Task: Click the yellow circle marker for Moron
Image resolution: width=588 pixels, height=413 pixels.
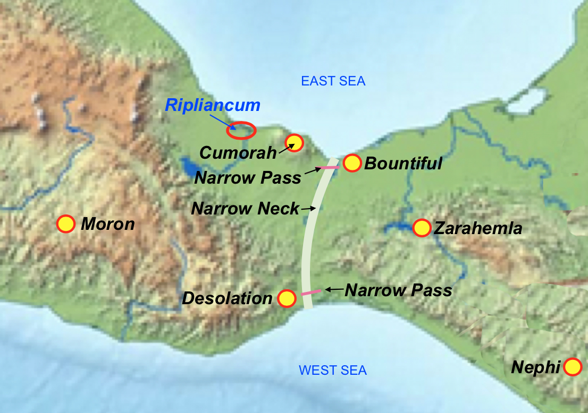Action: pyautogui.click(x=65, y=224)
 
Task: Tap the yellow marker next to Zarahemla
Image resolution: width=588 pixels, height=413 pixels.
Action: pyautogui.click(x=422, y=228)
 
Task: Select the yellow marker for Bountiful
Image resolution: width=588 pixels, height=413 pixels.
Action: pyautogui.click(x=352, y=164)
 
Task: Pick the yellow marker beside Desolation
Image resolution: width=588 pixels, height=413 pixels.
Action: pyautogui.click(x=287, y=298)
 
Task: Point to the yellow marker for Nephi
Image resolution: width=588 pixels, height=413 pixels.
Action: pyautogui.click(x=573, y=367)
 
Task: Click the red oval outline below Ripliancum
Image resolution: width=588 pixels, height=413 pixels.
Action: pyautogui.click(x=241, y=130)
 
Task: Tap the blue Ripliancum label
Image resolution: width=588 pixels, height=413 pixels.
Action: pyautogui.click(x=213, y=105)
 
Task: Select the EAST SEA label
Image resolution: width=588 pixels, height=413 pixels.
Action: pyautogui.click(x=333, y=81)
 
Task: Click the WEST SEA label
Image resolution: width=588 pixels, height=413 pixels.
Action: pyautogui.click(x=333, y=370)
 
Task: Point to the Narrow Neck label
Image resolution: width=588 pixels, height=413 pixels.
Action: pyautogui.click(x=245, y=209)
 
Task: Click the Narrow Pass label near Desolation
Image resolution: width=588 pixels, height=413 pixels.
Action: pyautogui.click(x=398, y=290)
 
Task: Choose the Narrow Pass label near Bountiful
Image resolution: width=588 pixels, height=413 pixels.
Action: pyautogui.click(x=248, y=177)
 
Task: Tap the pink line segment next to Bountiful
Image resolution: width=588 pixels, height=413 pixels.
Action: pyautogui.click(x=329, y=168)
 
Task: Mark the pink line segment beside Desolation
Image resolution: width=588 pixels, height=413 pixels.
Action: pyautogui.click(x=310, y=292)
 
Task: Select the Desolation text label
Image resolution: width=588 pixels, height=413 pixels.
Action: pyautogui.click(x=227, y=298)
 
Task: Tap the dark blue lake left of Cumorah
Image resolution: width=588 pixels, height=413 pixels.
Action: pyautogui.click(x=189, y=166)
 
